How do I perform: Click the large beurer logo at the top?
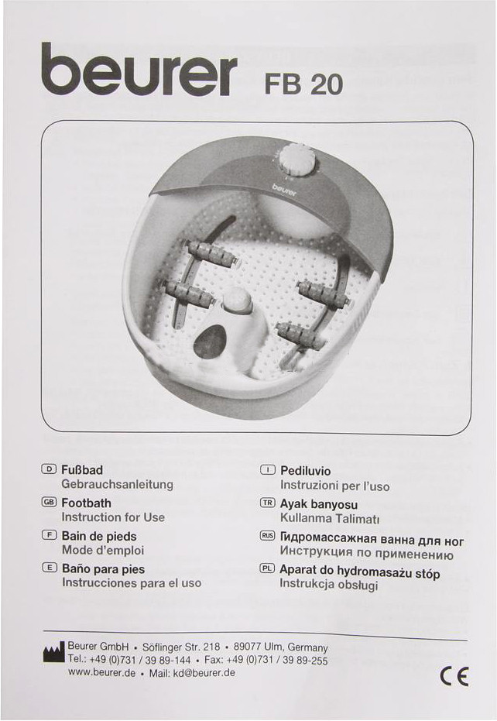(x=139, y=69)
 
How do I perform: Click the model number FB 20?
(x=303, y=84)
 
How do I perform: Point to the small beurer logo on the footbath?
(x=283, y=188)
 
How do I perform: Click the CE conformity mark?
(x=454, y=676)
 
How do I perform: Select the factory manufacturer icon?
(x=53, y=654)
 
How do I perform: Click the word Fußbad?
(x=82, y=470)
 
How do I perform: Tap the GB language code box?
(x=49, y=502)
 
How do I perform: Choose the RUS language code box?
(x=268, y=536)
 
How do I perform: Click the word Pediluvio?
(x=305, y=471)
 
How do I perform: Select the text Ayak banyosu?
(x=319, y=504)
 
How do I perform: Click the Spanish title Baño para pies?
(x=103, y=569)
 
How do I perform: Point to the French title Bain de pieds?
(x=99, y=536)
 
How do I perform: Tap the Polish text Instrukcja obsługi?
(x=329, y=585)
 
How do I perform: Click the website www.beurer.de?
(x=101, y=672)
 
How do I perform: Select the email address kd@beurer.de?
(x=204, y=673)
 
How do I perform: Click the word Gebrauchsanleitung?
(x=117, y=484)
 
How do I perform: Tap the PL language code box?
(x=267, y=568)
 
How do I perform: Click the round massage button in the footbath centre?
(x=237, y=301)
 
